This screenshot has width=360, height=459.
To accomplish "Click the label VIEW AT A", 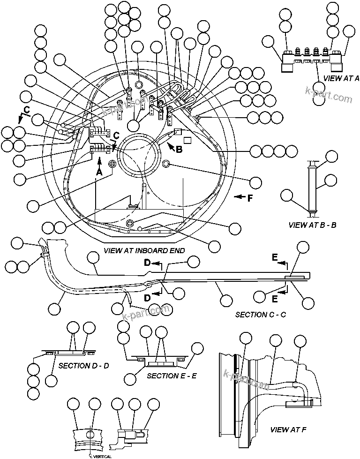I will (x=341, y=78).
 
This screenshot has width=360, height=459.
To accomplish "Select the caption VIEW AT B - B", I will (x=313, y=225).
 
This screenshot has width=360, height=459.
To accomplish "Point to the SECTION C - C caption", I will (x=260, y=315).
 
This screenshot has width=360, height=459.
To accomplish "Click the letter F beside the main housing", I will (x=249, y=198).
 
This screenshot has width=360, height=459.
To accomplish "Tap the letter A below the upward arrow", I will (x=99, y=172).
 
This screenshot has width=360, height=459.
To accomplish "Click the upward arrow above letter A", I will (x=99, y=162).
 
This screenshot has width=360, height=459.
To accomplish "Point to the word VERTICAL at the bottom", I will (x=102, y=455).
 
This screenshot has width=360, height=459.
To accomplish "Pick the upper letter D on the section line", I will (x=147, y=263).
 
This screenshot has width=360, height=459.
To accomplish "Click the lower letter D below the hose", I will (x=147, y=298).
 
